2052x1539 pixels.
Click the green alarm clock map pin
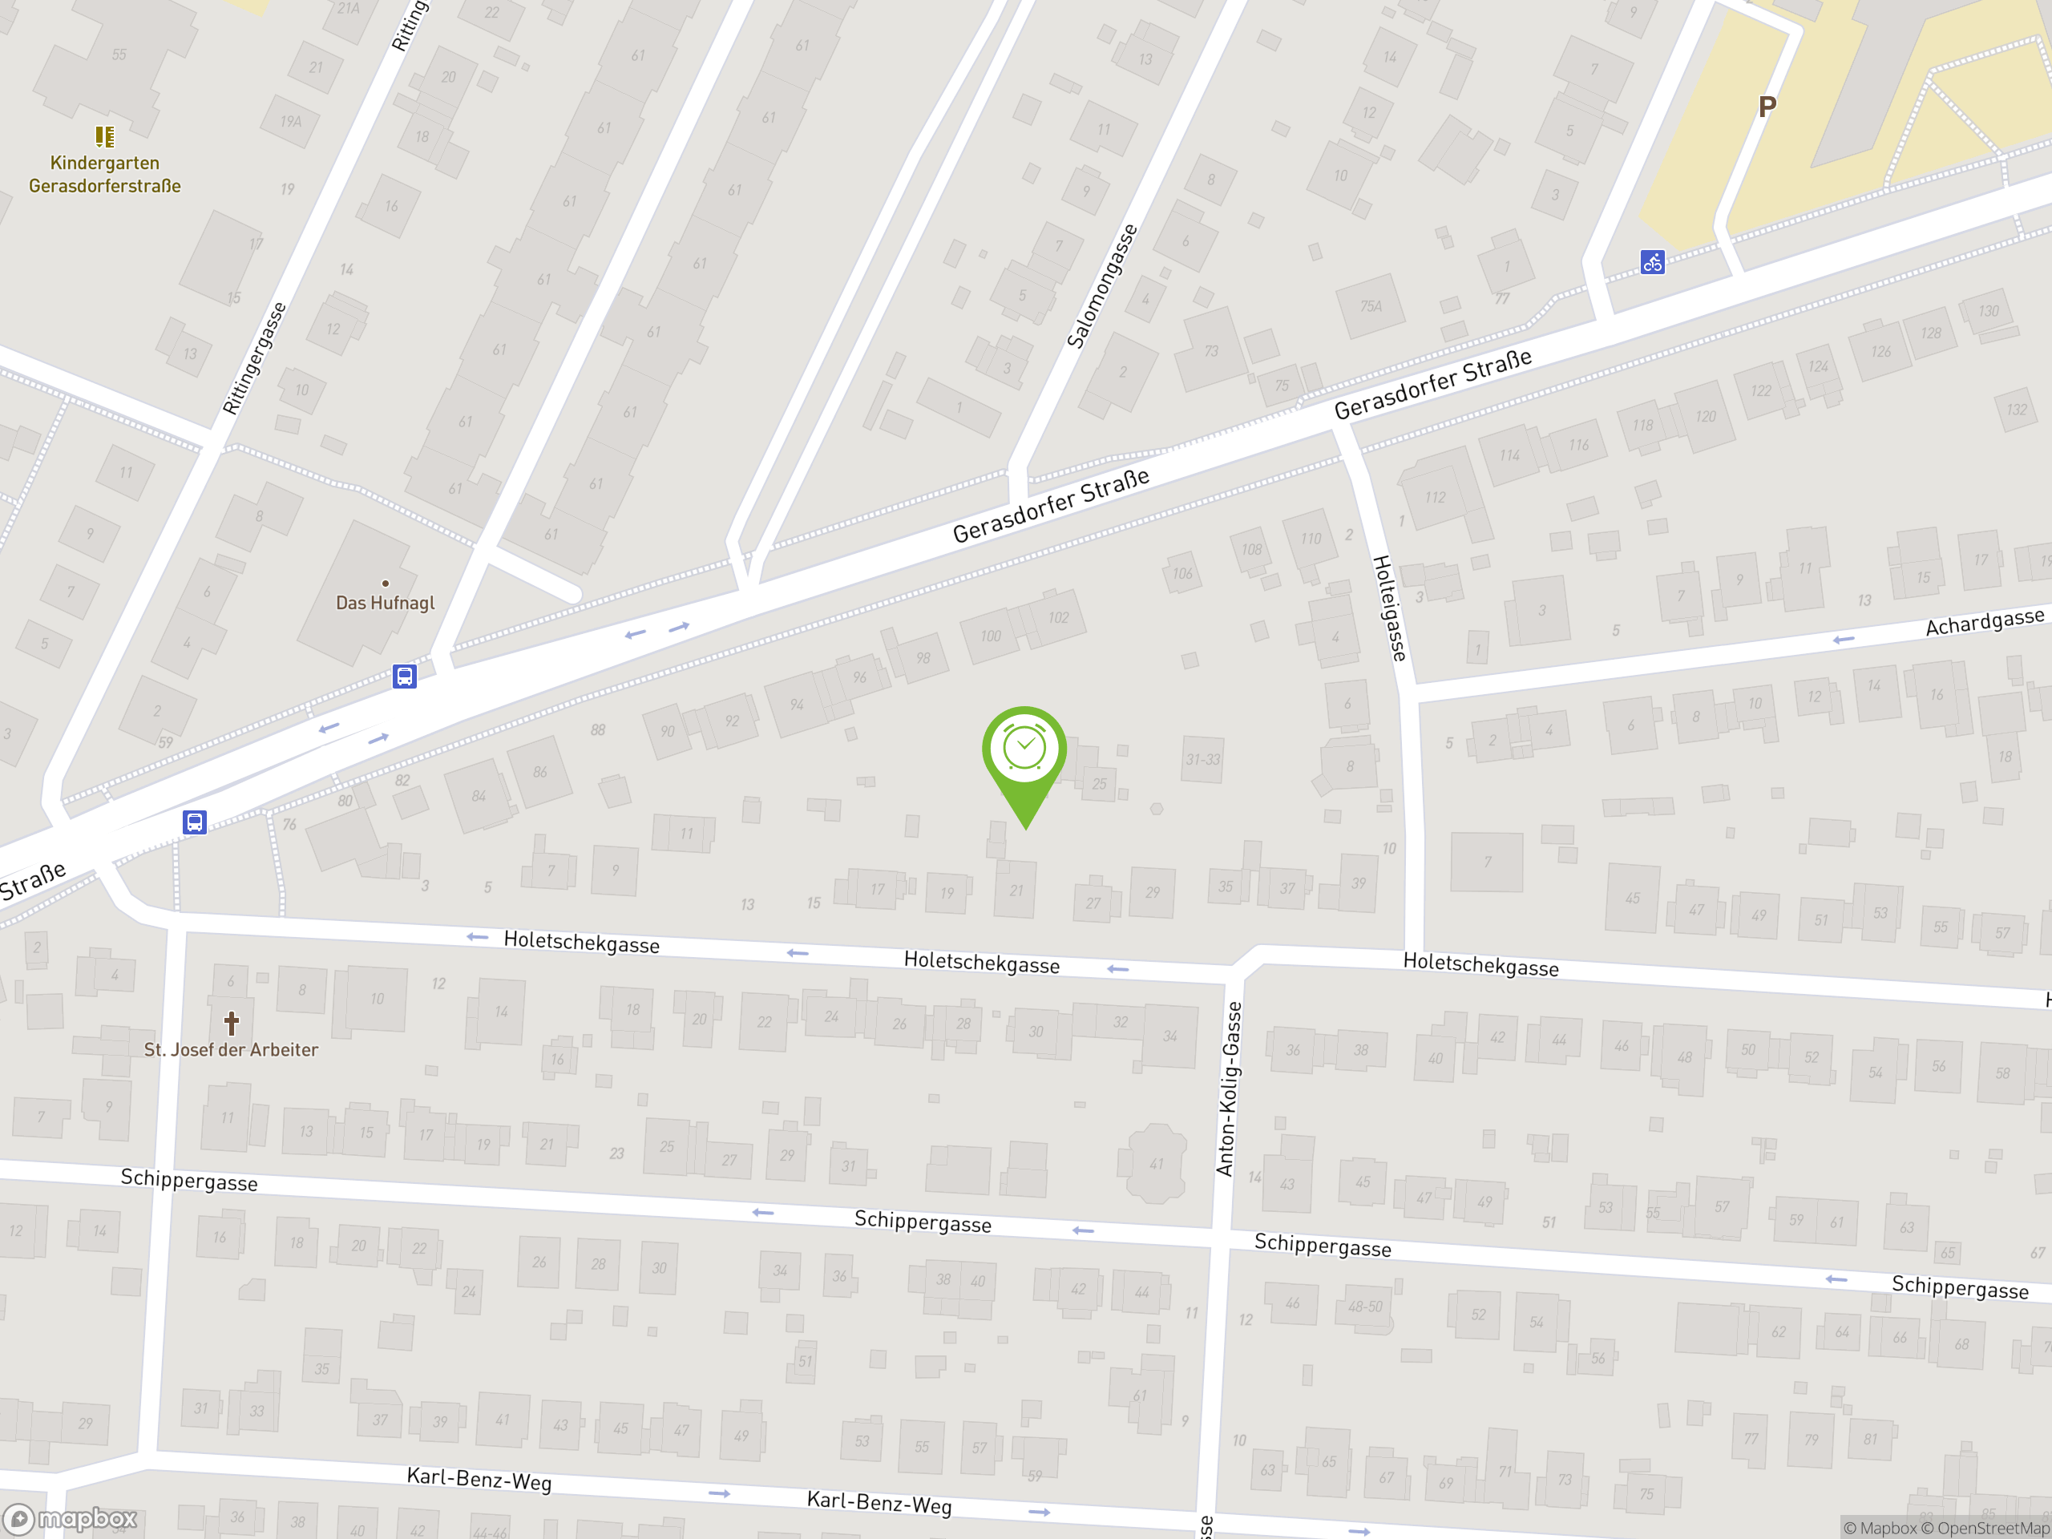click(x=1024, y=750)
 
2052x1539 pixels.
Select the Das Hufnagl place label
click(x=385, y=603)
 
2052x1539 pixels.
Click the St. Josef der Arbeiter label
click(x=231, y=1050)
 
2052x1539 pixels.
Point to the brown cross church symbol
click(x=231, y=1024)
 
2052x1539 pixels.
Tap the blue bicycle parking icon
click(x=1652, y=263)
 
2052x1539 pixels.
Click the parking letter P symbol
click(x=1767, y=107)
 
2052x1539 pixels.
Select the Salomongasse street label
click(x=1102, y=285)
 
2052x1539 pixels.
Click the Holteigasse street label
click(x=1389, y=608)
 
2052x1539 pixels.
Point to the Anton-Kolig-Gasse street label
click(x=1228, y=1089)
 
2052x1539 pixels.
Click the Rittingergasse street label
click(x=254, y=358)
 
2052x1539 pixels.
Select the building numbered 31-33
click(x=1203, y=760)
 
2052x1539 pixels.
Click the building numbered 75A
click(x=1370, y=306)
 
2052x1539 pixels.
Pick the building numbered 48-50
click(x=1364, y=1307)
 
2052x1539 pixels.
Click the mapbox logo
click(x=71, y=1519)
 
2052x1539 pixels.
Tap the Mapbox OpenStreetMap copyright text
click(x=1945, y=1528)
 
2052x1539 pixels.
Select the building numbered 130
click(x=1988, y=312)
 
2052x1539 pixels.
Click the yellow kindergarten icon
click(x=105, y=137)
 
